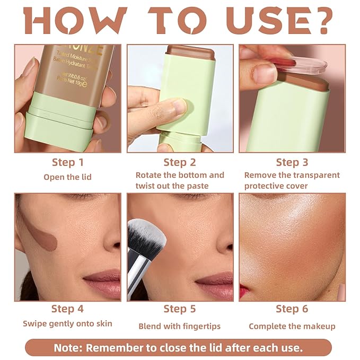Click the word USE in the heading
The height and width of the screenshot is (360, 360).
pos(257,21)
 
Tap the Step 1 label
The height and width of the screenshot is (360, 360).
pos(67,162)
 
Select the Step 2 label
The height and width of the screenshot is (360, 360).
pos(180,162)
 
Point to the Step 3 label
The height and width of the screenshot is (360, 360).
pos(292,162)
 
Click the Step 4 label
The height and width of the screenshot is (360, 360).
pos(67,309)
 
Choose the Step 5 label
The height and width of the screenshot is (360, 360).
pos(180,309)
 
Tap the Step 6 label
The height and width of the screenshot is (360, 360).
pos(292,309)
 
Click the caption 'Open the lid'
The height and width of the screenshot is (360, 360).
pos(67,177)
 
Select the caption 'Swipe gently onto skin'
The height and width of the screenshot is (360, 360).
pos(67,324)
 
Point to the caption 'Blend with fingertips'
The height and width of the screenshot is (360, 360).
pos(180,326)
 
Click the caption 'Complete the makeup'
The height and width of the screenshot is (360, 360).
pos(292,326)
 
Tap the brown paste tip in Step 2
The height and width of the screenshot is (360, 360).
pos(190,52)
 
